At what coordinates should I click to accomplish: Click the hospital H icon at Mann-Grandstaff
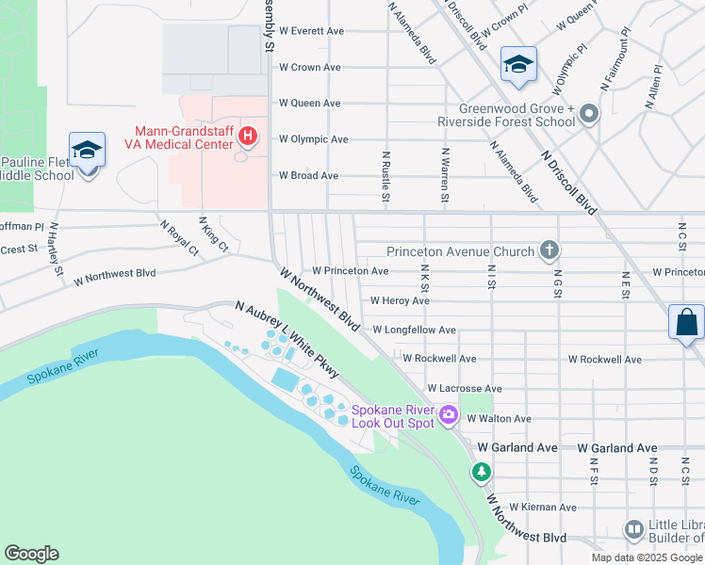(x=248, y=137)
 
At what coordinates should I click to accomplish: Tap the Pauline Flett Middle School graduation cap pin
(x=87, y=151)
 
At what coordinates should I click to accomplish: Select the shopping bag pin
(x=687, y=322)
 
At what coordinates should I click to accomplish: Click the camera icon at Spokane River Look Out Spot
(x=449, y=414)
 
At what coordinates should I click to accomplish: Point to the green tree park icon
(x=482, y=471)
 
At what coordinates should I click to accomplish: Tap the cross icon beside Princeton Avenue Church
(x=549, y=251)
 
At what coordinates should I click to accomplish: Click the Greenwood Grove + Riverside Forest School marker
(x=589, y=115)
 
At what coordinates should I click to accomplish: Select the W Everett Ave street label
(x=311, y=31)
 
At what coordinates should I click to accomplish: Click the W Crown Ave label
(x=310, y=68)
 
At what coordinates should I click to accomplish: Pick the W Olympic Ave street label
(x=314, y=139)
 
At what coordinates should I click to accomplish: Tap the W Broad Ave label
(x=308, y=175)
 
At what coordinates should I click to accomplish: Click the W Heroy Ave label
(x=400, y=301)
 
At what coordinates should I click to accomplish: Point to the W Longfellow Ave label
(x=414, y=331)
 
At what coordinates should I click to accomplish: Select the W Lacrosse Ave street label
(x=465, y=388)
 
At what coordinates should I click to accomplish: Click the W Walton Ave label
(x=499, y=418)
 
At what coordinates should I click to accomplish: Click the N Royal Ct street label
(x=179, y=237)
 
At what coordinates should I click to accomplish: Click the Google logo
(x=32, y=553)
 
